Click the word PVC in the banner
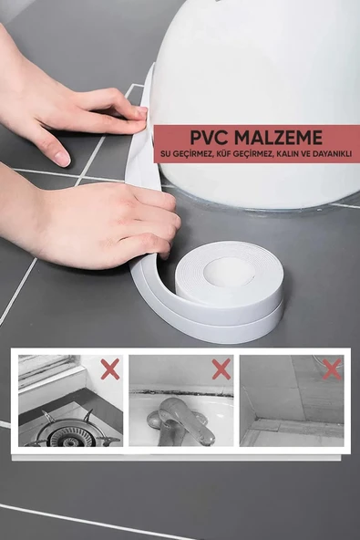[x=210, y=138]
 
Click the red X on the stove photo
[x=110, y=369]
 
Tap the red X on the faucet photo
[x=221, y=369]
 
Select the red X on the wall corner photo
[x=332, y=369]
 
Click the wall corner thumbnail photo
[x=292, y=400]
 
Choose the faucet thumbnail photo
[x=180, y=400]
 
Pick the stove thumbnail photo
[x=70, y=400]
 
